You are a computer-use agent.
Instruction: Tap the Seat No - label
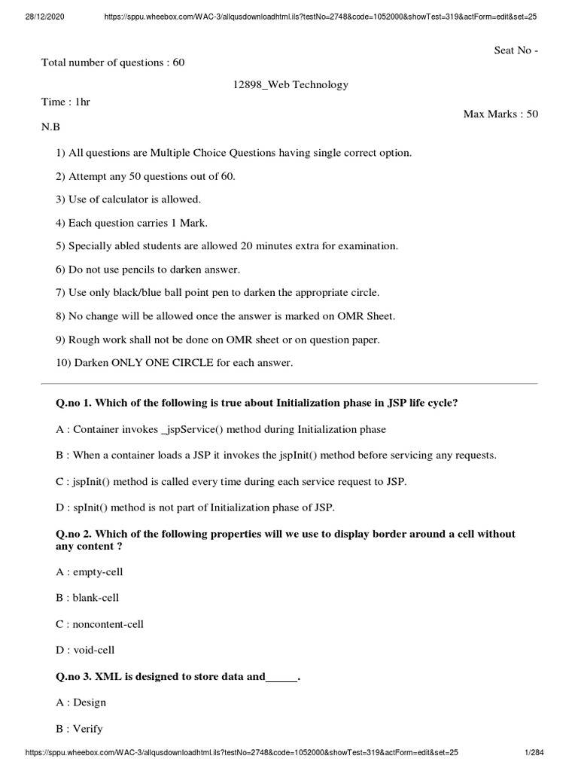pyautogui.click(x=516, y=50)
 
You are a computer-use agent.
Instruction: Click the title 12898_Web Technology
pyautogui.click(x=290, y=84)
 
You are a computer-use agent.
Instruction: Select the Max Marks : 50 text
pyautogui.click(x=500, y=114)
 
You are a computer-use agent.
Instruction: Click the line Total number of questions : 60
pyautogui.click(x=112, y=62)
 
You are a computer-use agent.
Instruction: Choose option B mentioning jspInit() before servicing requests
pyautogui.click(x=276, y=456)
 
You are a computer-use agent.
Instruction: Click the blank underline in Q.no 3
pyautogui.click(x=281, y=677)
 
